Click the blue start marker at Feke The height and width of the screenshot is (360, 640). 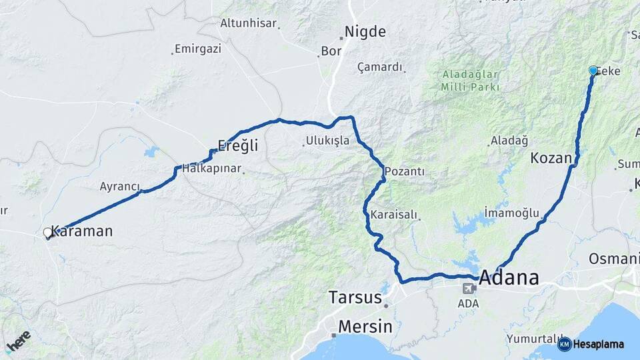[x=593, y=70]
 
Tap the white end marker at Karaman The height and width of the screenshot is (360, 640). [x=47, y=233]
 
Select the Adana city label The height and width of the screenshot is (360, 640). [x=509, y=277]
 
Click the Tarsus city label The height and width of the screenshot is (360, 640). [x=355, y=297]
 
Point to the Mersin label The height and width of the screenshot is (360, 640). [x=365, y=327]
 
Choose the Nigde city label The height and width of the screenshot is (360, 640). [x=365, y=31]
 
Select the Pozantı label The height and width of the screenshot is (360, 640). [x=404, y=171]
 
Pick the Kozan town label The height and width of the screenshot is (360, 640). [x=551, y=158]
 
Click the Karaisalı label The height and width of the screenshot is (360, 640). [x=393, y=215]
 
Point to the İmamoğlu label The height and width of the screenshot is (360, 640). [x=512, y=213]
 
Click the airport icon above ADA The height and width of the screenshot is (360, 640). [x=469, y=289]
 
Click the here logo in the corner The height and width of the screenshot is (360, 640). [x=19, y=341]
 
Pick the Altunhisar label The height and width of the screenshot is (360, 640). [x=248, y=23]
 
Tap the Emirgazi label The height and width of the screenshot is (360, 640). [x=197, y=49]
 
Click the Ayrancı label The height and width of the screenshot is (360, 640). [x=119, y=186]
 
